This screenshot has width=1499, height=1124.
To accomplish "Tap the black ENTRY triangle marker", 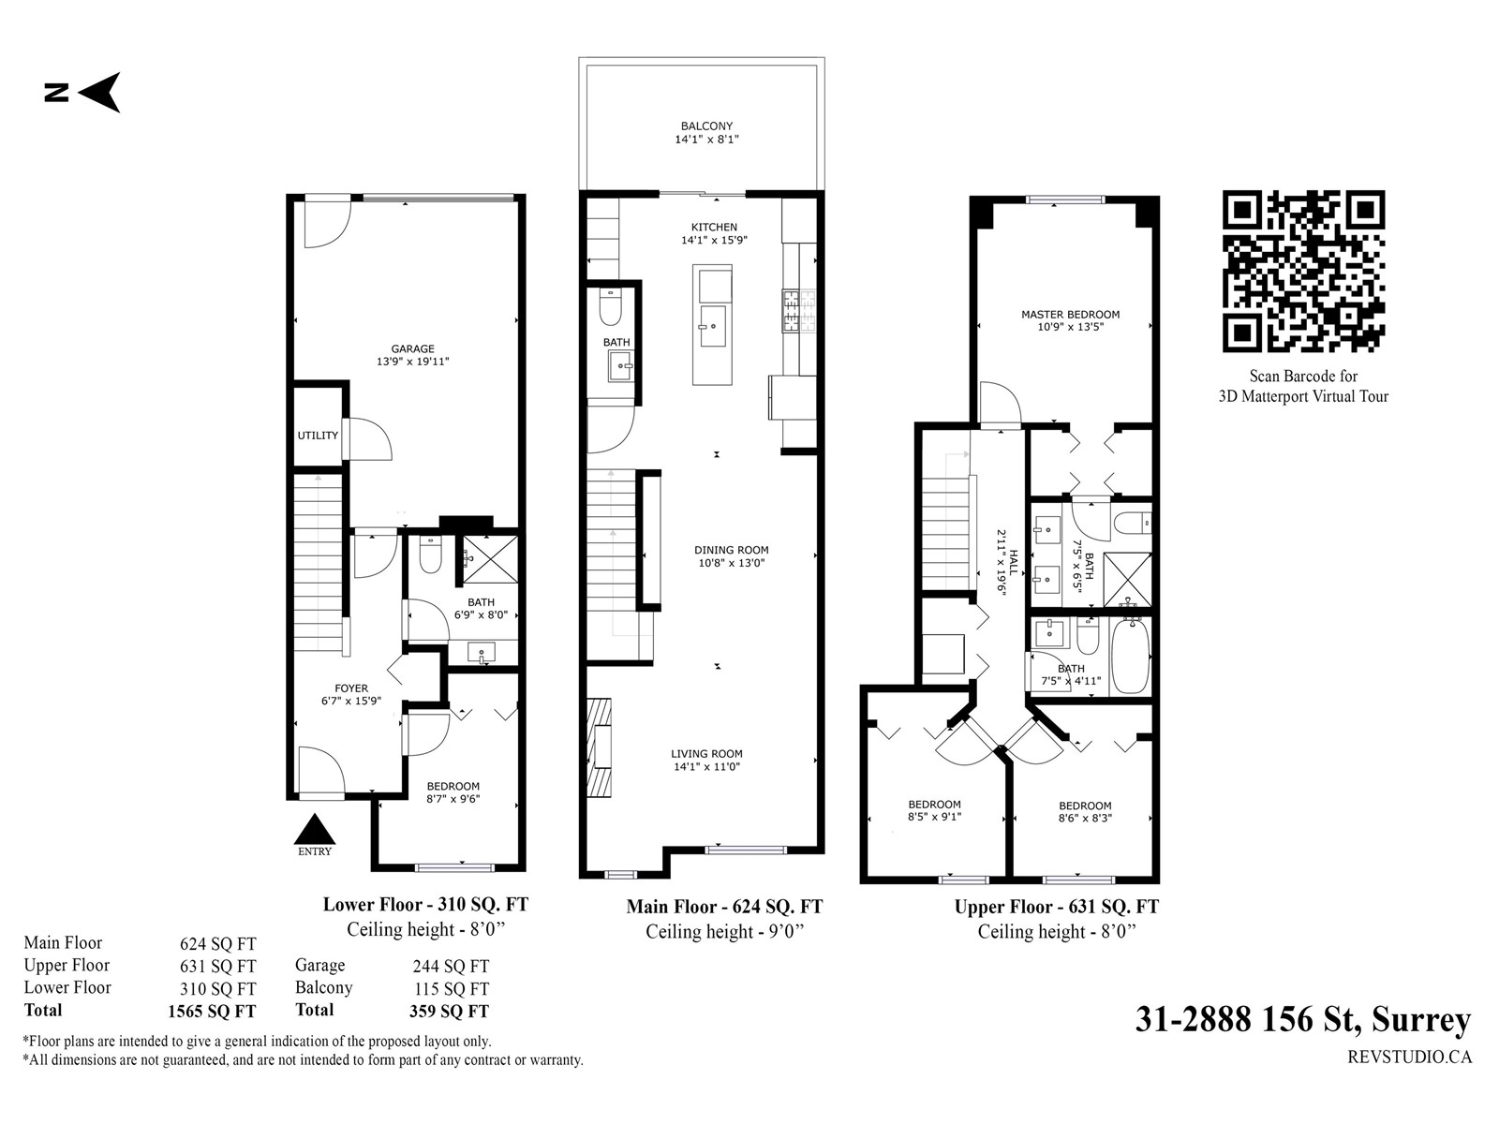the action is (x=314, y=829).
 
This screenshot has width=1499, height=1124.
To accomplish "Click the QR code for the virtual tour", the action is (x=1303, y=271).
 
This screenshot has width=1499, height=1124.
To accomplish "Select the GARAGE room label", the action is (x=412, y=348).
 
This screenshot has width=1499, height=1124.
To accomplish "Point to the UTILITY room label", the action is (x=318, y=436).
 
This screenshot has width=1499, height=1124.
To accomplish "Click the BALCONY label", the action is (x=706, y=126).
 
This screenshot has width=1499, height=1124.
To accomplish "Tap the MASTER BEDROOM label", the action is (x=1070, y=315).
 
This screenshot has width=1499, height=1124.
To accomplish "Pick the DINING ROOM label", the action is (x=732, y=550).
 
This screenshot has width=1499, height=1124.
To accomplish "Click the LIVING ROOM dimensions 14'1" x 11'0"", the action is (x=706, y=766).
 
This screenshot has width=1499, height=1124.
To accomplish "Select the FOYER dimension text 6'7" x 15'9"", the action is (x=351, y=701).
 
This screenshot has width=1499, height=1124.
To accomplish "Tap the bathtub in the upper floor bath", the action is (x=1131, y=656).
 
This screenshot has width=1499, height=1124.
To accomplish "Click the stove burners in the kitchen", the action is (x=799, y=311).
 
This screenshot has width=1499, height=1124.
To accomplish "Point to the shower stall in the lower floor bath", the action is (x=490, y=559).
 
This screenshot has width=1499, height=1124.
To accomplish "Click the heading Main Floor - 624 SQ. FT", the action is (x=724, y=907).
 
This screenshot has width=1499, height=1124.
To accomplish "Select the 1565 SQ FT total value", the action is (x=212, y=1012).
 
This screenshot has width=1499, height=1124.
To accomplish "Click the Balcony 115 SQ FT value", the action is (x=452, y=989).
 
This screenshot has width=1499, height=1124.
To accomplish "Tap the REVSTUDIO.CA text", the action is (x=1410, y=1057).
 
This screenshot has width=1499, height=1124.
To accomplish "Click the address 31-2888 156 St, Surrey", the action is (x=1303, y=1021).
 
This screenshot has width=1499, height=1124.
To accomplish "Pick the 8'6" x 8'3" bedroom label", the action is (x=1085, y=818).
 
